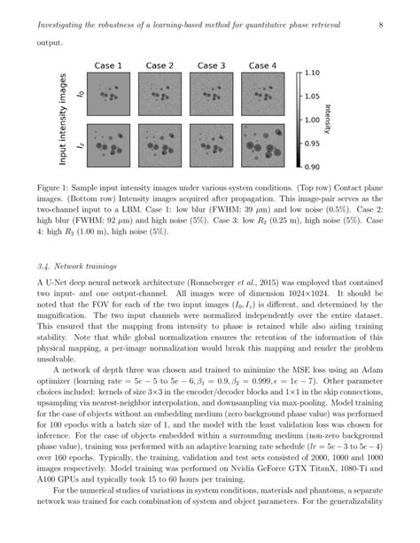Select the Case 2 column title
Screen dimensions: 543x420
coord(159,66)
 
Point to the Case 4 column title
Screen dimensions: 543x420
coord(262,66)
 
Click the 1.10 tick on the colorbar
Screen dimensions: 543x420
coord(310,74)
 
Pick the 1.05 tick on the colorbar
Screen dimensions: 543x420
coord(310,97)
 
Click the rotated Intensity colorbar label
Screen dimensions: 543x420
coord(330,120)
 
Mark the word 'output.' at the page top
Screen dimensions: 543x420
coord(50,42)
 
